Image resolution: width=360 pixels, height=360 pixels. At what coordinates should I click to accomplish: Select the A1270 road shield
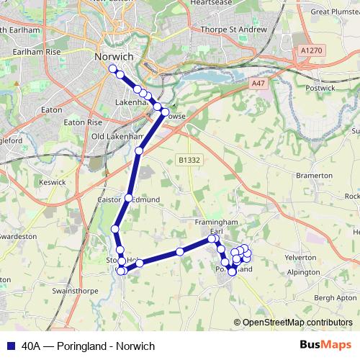[311, 50]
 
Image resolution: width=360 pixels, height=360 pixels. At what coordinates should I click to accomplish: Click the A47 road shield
[258, 84]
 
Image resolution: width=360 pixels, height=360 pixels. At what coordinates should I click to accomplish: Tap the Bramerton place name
[314, 175]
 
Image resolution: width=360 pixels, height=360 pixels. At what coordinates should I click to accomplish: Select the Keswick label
[53, 182]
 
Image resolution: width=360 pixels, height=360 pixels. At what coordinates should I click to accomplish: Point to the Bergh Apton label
[335, 297]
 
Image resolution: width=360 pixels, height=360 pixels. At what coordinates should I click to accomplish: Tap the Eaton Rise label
[84, 122]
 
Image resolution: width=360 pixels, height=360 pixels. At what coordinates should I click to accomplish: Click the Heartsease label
[211, 3]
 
